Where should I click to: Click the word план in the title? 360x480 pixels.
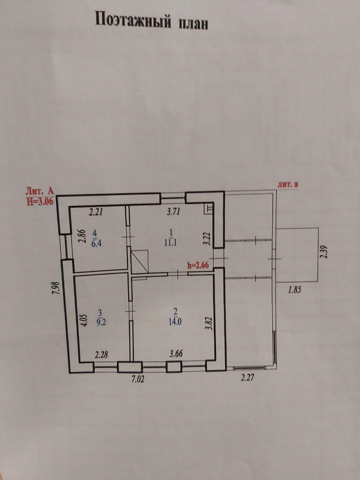(x=193, y=23)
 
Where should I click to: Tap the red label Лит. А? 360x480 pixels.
(x=40, y=191)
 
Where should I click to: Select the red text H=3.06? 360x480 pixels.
(x=40, y=202)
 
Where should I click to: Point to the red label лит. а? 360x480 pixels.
(x=288, y=184)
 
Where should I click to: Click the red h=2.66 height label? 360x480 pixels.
(x=198, y=265)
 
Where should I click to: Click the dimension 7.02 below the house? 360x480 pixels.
(x=138, y=379)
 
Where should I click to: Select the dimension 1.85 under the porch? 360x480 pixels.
(x=294, y=290)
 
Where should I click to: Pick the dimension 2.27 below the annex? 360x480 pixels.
(x=247, y=378)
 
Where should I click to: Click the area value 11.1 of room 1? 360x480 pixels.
(x=171, y=243)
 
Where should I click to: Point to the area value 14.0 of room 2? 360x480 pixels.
(x=175, y=322)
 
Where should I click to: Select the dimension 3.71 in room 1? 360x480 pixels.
(x=173, y=211)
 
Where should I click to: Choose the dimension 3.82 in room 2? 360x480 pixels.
(x=209, y=323)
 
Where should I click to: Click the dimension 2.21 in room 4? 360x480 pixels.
(x=96, y=212)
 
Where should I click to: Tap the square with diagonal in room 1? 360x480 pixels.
(x=140, y=261)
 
